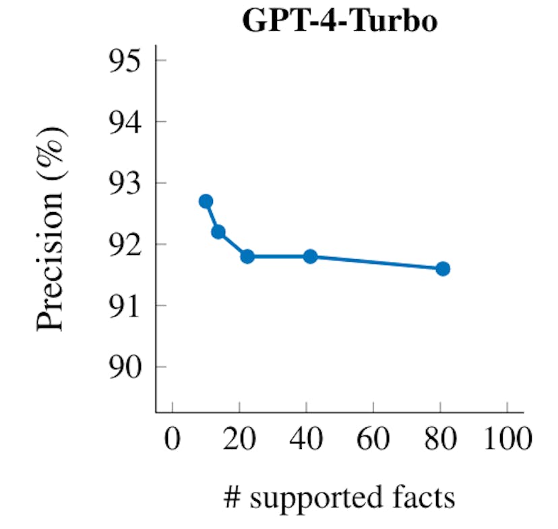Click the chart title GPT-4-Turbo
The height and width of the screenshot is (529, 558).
(339, 22)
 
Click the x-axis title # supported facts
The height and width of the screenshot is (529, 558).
(339, 499)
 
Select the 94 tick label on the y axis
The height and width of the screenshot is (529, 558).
(127, 122)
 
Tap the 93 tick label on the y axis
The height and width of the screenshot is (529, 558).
(127, 183)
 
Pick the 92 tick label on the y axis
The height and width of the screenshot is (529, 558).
(127, 244)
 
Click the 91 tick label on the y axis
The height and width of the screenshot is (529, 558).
(127, 306)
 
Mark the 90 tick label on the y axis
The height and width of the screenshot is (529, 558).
(127, 367)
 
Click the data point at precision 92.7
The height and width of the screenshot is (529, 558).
(206, 201)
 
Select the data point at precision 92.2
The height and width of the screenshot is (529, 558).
(218, 232)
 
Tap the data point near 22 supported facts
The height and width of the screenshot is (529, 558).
(247, 256)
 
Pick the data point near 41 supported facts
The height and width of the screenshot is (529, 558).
(310, 256)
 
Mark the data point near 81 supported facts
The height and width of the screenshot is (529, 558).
(443, 269)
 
